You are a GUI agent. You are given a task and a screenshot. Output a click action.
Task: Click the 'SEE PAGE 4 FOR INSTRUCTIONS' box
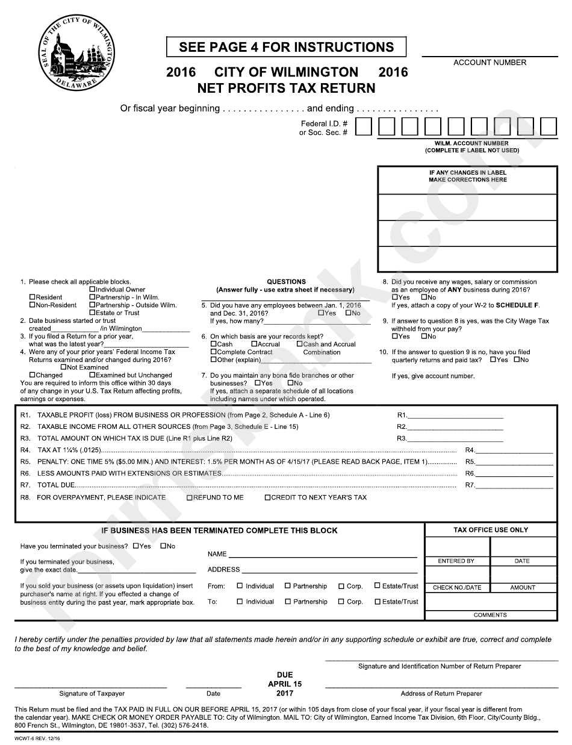pyautogui.click(x=286, y=47)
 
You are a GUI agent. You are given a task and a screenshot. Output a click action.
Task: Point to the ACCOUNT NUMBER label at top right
pyautogui.click(x=490, y=63)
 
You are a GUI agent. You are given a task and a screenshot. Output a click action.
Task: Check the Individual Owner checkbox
pyautogui.click(x=92, y=290)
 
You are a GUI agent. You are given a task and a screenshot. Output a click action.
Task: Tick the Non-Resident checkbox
pyautogui.click(x=33, y=305)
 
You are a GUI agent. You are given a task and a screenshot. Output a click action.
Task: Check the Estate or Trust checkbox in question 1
pyautogui.click(x=92, y=313)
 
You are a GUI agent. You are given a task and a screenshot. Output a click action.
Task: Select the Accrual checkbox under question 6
pyautogui.click(x=254, y=344)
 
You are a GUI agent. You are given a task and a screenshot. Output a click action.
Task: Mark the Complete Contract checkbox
pyautogui.click(x=213, y=352)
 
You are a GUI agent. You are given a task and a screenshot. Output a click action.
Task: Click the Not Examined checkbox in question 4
pyautogui.click(x=64, y=367)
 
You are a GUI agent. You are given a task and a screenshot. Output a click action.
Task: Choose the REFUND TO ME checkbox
pyautogui.click(x=190, y=498)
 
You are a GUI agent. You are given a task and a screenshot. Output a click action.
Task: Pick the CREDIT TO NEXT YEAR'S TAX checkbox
pyautogui.click(x=267, y=498)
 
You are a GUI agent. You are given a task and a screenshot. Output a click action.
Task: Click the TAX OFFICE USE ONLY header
pyautogui.click(x=490, y=530)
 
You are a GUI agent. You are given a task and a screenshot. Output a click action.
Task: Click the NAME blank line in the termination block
pyautogui.click(x=322, y=554)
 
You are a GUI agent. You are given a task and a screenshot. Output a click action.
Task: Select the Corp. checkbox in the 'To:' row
pyautogui.click(x=341, y=602)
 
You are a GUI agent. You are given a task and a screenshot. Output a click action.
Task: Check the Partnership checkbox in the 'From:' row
pyautogui.click(x=288, y=586)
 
